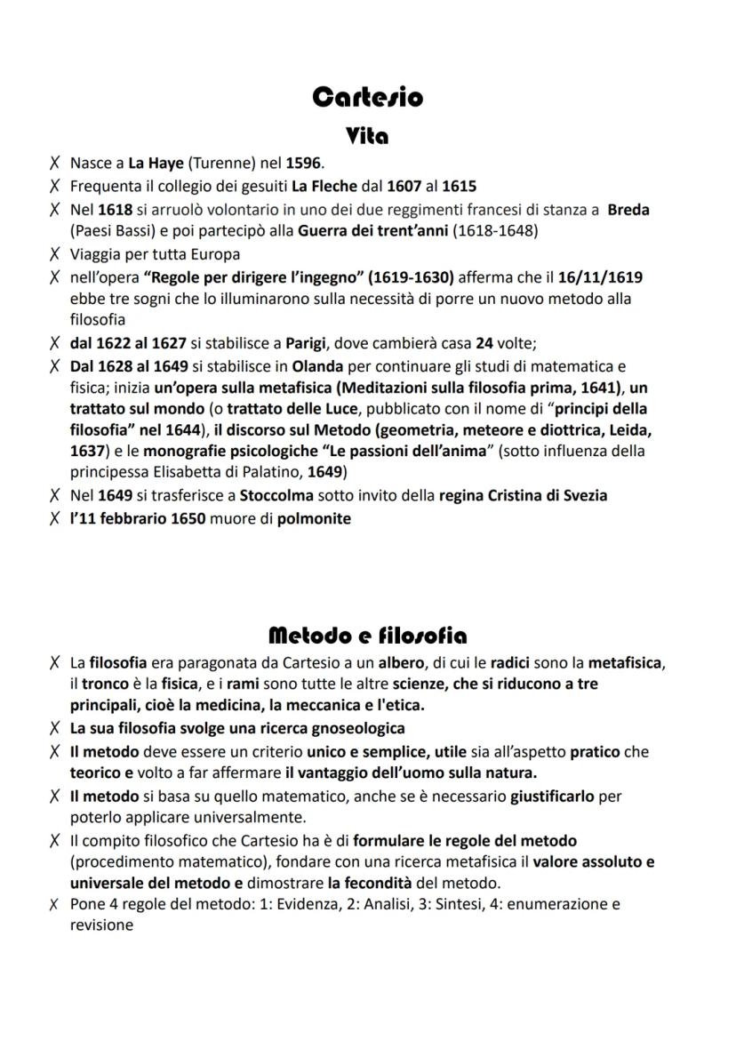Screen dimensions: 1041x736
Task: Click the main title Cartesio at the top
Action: (x=367, y=97)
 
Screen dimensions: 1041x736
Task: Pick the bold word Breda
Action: (x=628, y=210)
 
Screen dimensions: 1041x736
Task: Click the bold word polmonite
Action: (x=314, y=519)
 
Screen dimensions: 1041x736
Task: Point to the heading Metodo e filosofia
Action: (x=367, y=636)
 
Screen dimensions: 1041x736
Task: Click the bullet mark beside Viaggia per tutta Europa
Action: (x=55, y=254)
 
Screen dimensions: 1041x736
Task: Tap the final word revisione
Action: (x=101, y=925)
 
